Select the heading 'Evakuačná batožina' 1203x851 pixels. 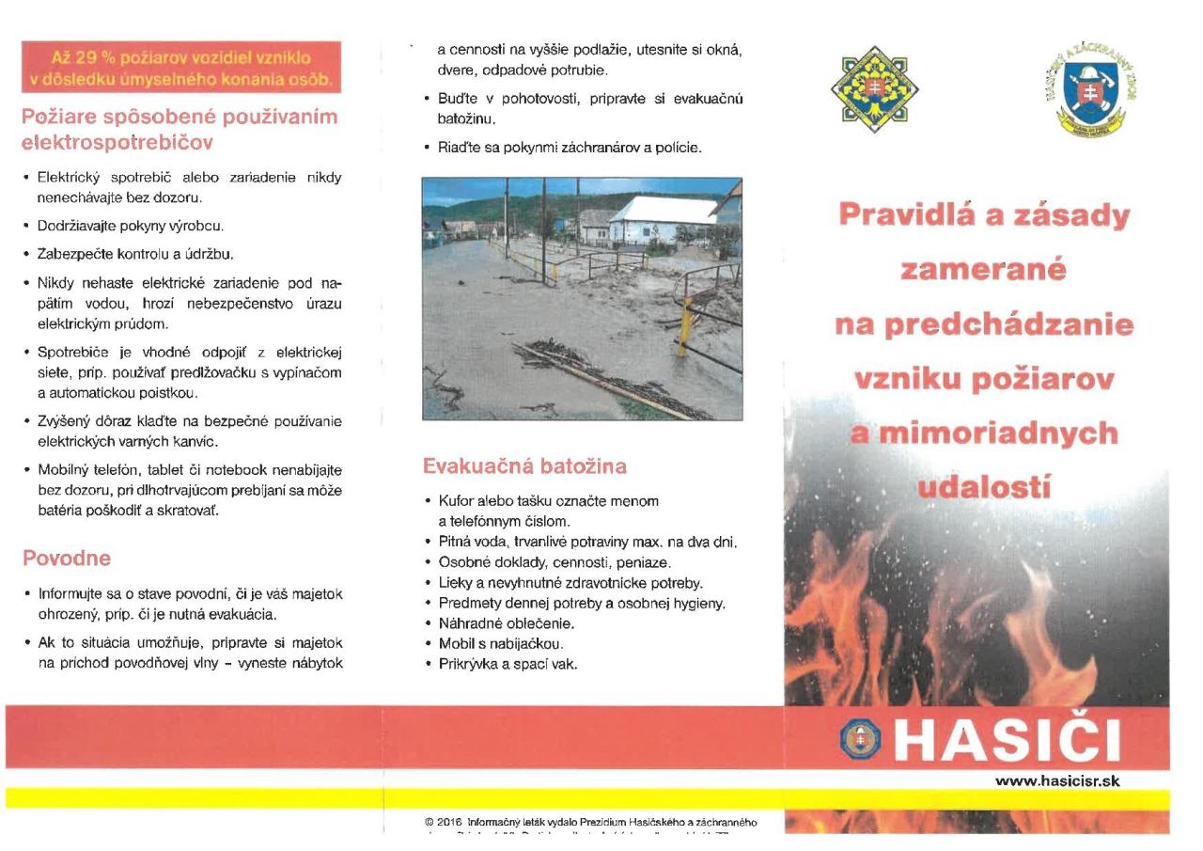524,465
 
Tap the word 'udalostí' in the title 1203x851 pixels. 984,487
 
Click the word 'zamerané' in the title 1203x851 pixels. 983,271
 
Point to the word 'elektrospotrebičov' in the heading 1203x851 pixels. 117,144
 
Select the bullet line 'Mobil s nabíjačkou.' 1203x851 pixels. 500,644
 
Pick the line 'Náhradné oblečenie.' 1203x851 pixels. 506,623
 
